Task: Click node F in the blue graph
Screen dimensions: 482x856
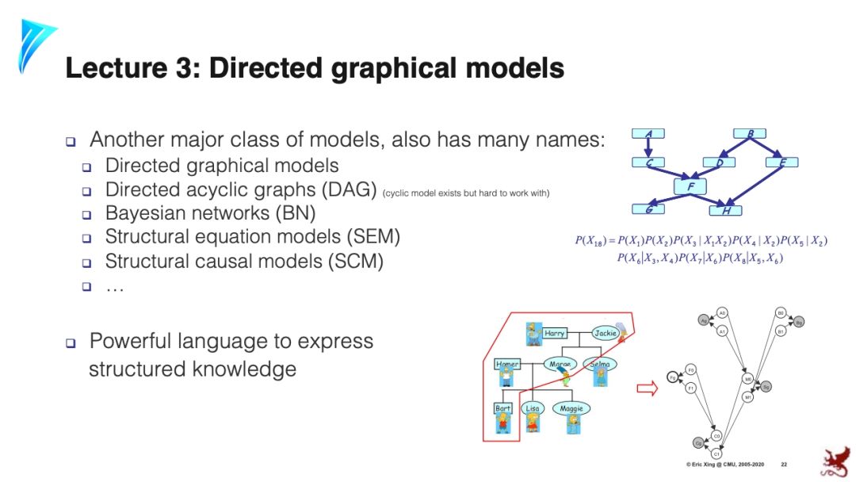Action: click(x=690, y=187)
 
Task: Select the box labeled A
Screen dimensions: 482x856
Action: click(x=648, y=134)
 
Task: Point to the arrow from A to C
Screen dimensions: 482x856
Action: click(x=648, y=148)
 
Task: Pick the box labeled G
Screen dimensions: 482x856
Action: click(x=648, y=209)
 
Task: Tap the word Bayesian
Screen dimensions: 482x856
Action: click(x=147, y=214)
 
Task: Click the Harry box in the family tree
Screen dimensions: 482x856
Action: click(x=555, y=334)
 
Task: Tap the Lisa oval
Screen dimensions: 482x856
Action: click(x=532, y=409)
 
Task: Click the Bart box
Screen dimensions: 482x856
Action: click(x=503, y=409)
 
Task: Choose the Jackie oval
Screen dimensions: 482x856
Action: click(x=606, y=334)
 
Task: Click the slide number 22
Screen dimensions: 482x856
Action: click(x=784, y=464)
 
